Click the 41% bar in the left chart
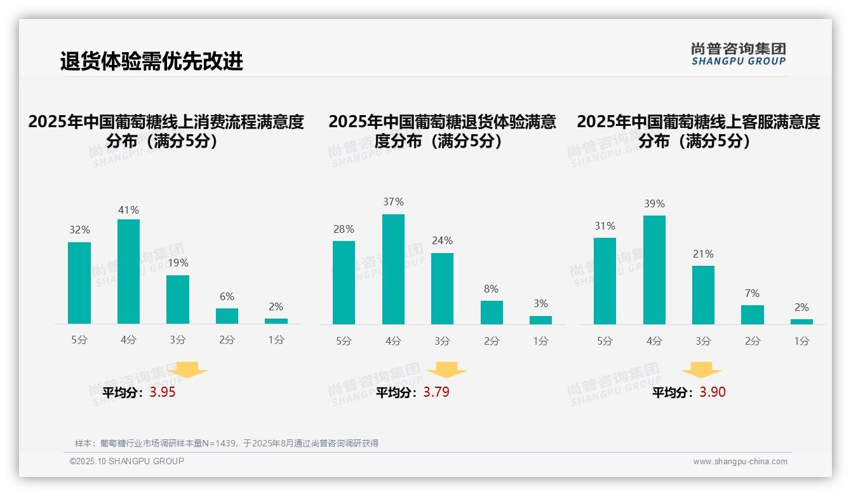[x=128, y=272]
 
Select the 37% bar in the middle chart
[x=393, y=269]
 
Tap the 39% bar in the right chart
[x=654, y=270]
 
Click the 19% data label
[x=178, y=263]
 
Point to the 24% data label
[x=442, y=240]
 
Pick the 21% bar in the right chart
[x=703, y=295]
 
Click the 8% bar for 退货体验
[x=492, y=312]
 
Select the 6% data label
[x=227, y=296]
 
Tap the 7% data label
[x=752, y=293]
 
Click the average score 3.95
[x=163, y=392]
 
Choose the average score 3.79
[x=436, y=392]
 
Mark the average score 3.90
[x=713, y=392]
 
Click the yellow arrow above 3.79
[x=446, y=370]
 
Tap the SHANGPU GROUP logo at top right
[x=738, y=54]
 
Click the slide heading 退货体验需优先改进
[x=151, y=61]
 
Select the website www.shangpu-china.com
[x=740, y=462]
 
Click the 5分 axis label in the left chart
[x=79, y=340]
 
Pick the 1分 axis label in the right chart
[x=801, y=341]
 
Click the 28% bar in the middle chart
[x=344, y=282]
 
